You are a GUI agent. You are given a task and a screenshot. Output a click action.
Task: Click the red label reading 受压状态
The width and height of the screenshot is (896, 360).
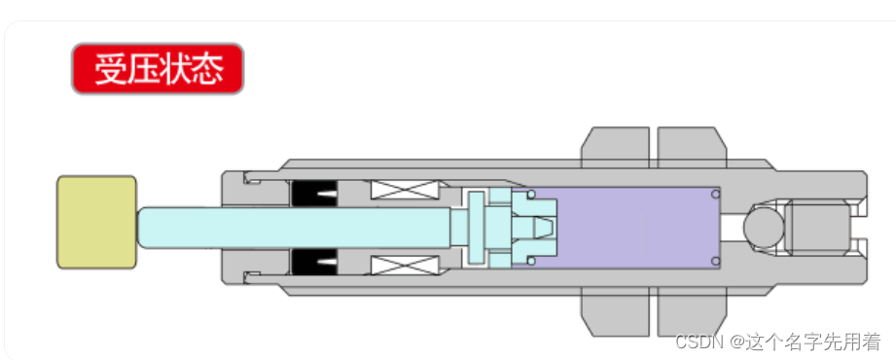158,68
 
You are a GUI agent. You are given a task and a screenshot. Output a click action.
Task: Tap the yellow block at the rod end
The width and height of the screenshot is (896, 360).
96,222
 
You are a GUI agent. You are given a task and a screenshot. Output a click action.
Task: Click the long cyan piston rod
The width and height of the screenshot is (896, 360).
294,228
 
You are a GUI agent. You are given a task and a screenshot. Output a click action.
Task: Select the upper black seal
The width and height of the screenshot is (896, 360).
314,194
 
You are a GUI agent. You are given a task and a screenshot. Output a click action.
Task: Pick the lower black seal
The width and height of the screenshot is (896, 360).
314,263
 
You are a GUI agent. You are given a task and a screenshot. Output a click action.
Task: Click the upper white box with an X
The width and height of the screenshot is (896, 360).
405,190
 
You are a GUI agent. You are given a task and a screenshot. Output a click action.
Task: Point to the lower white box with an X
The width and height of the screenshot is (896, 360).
405,266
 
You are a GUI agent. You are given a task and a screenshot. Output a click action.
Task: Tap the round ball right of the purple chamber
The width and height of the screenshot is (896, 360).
764,228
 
